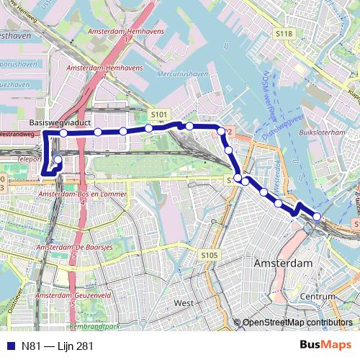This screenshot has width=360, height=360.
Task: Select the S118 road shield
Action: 284,34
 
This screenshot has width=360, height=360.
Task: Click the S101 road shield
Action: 160,114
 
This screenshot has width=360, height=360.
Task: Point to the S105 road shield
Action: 210,255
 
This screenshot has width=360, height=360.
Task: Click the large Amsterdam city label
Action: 283,264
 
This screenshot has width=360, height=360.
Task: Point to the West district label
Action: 184,303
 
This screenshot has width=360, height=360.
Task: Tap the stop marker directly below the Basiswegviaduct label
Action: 63,133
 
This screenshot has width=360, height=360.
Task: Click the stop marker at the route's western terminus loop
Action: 58,159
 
